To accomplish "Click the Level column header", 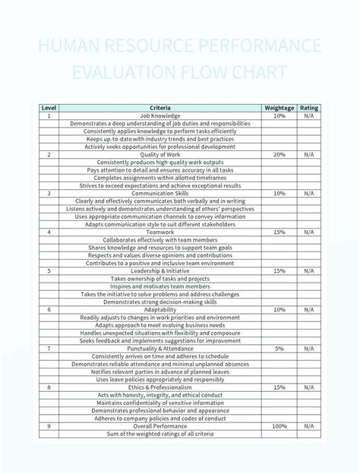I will (x=49, y=108).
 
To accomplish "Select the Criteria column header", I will (x=160, y=108).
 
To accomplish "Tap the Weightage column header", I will (x=279, y=108).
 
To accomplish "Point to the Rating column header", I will (x=309, y=108).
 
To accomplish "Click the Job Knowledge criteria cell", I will (x=160, y=115).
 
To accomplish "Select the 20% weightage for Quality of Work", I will (x=279, y=154).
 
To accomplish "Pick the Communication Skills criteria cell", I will (x=160, y=193).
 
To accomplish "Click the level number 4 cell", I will (x=49, y=232).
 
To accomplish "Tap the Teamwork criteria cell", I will (x=160, y=232).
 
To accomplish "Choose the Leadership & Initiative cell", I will (x=160, y=270).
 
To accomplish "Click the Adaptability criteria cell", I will (x=160, y=309).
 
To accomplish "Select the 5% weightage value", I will (x=279, y=348).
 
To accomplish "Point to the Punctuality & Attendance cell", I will (x=160, y=348).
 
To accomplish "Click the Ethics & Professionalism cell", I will (x=160, y=387).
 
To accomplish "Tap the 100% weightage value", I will (x=279, y=425).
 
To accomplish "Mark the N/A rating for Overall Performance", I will (x=309, y=425).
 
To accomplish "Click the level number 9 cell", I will (x=49, y=425).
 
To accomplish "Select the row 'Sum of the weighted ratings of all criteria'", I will (x=160, y=433).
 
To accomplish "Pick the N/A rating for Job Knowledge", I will (x=309, y=115).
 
